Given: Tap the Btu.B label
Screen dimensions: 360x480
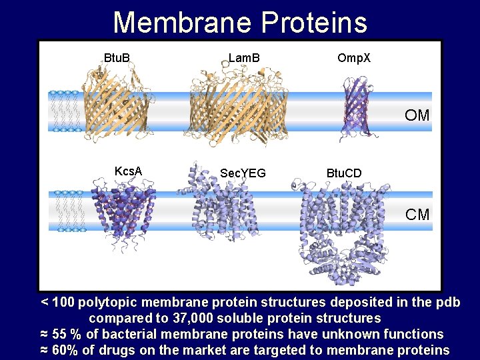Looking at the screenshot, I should (117, 58).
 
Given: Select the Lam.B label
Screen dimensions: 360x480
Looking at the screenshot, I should (244, 58).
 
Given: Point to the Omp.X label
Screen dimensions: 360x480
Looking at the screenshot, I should (354, 58).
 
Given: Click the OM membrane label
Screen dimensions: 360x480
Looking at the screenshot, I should (417, 115).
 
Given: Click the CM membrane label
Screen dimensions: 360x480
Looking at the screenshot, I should (417, 214).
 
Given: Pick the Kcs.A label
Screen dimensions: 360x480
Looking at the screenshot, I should (128, 171).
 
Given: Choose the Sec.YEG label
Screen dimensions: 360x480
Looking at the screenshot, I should (243, 173).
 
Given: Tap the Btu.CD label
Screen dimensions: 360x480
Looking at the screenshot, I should (344, 173).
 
